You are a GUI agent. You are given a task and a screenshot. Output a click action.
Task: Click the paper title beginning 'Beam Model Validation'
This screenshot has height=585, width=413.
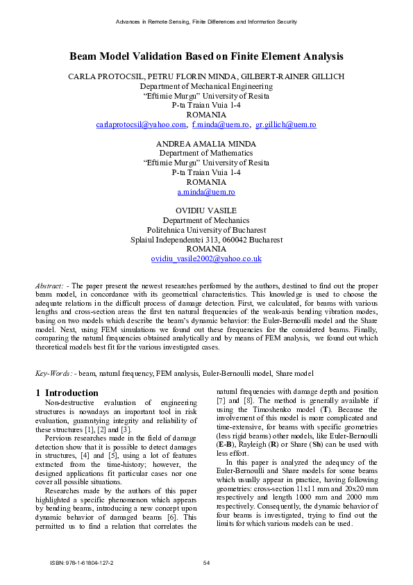click(206, 56)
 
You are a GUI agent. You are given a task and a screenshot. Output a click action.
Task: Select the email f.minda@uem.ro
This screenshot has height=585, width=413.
click(221, 124)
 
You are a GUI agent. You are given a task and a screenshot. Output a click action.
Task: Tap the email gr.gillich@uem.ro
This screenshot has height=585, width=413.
click(276, 124)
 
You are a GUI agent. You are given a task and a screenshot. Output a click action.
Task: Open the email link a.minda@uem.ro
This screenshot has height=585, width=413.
click(206, 191)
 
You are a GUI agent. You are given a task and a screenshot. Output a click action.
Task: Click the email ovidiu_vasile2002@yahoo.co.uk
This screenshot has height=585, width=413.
click(206, 258)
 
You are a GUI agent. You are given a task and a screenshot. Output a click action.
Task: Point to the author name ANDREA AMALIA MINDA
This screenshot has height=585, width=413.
click(206, 143)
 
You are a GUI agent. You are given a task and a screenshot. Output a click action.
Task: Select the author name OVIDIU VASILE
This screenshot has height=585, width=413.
click(206, 210)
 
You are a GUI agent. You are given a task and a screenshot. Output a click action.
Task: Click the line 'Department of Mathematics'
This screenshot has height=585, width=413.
click(206, 153)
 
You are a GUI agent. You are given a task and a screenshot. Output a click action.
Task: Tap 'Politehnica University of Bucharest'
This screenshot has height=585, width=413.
click(206, 229)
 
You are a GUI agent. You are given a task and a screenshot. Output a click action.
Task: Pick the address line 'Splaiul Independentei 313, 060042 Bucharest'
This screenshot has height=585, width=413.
click(206, 239)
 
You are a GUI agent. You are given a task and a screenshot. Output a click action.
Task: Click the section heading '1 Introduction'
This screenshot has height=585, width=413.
click(67, 393)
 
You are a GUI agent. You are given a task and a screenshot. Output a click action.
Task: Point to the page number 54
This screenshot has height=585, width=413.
click(206, 562)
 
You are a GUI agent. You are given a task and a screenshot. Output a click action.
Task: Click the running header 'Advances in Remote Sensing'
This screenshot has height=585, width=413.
click(206, 22)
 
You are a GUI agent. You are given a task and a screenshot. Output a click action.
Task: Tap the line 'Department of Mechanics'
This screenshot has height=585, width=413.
click(206, 220)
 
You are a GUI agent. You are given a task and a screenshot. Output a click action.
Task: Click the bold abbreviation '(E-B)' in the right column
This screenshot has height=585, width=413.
click(227, 463)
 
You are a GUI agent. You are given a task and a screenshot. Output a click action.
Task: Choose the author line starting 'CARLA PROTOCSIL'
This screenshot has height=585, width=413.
click(206, 76)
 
